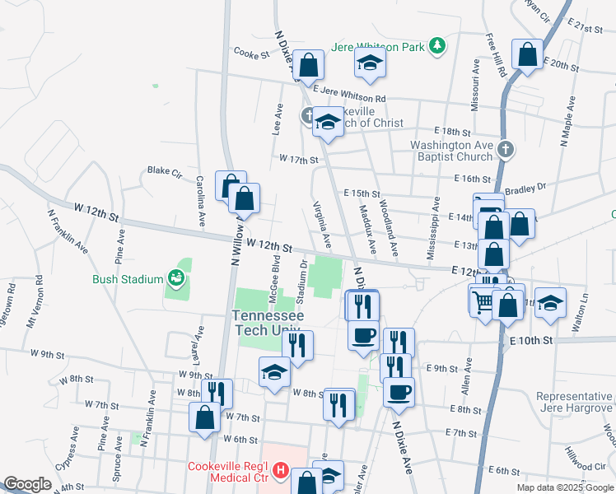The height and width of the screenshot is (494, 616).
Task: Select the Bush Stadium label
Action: pos(128,279)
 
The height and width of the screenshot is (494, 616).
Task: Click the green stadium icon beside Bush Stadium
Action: pos(175,278)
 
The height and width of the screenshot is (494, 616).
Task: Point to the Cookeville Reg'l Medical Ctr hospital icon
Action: pos(280,471)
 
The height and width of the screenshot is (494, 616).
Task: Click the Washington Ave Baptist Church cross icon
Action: pos(506,150)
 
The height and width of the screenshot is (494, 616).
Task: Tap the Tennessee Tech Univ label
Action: pos(268,323)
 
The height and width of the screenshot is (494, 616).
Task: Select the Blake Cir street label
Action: pos(164,171)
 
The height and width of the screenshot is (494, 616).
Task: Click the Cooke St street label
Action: pos(252,54)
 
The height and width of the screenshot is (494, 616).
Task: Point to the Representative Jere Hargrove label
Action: pos(575,402)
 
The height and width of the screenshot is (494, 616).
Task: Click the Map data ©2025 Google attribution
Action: pos(565,487)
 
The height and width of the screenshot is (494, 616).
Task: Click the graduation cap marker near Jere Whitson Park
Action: pos(371,63)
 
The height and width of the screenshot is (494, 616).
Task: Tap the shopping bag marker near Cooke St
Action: pos(308,65)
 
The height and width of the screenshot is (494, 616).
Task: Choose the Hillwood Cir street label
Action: pos(586,454)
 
